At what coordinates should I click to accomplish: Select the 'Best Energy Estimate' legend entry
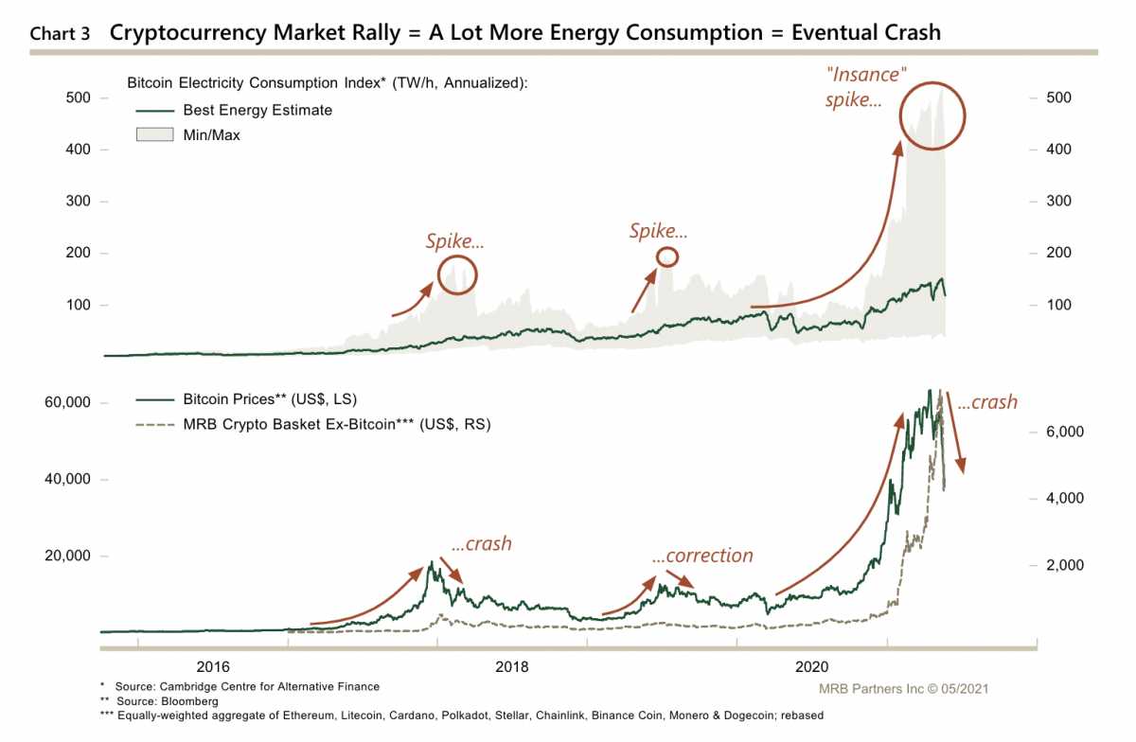[257, 110]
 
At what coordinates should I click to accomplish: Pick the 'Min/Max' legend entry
[211, 135]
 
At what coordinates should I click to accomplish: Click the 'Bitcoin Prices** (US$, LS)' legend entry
[270, 398]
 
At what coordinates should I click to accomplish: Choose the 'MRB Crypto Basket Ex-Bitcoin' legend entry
[336, 424]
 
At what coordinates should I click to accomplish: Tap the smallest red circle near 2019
[667, 256]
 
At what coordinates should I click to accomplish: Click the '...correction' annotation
[702, 556]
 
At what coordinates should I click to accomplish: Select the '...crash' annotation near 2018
[481, 543]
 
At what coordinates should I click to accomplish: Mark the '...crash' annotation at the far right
[987, 402]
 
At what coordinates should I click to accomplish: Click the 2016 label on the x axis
[213, 665]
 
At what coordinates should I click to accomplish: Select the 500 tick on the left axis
[78, 97]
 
